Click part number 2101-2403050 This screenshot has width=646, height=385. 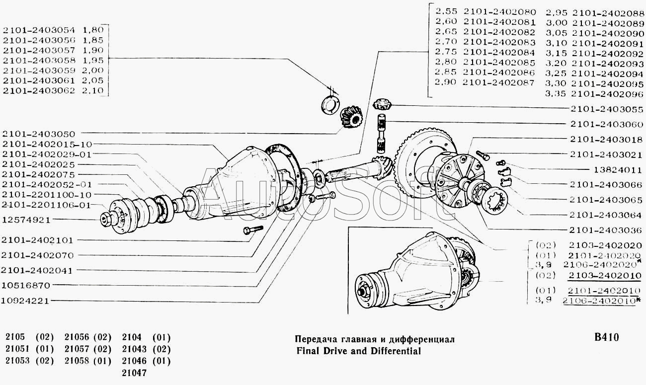[x=38, y=134]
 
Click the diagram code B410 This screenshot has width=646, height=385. [x=606, y=337]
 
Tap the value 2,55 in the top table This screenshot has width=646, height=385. [x=445, y=11]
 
